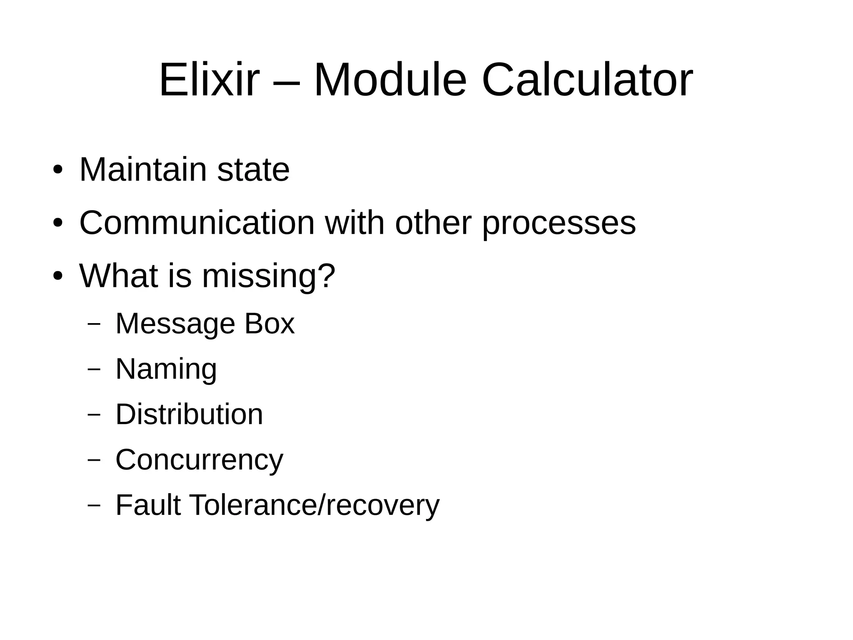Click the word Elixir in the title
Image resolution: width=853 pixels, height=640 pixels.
pyautogui.click(x=209, y=80)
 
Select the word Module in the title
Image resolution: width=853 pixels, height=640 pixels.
pyautogui.click(x=390, y=80)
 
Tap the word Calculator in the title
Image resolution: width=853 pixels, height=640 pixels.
pyautogui.click(x=587, y=80)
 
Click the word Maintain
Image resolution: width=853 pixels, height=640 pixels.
pyautogui.click(x=143, y=170)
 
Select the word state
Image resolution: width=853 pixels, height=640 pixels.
pyautogui.click(x=253, y=170)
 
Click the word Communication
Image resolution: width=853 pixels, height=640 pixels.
pyautogui.click(x=197, y=223)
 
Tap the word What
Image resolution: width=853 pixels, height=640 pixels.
pyautogui.click(x=118, y=276)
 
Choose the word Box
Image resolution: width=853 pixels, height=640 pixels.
pyautogui.click(x=269, y=324)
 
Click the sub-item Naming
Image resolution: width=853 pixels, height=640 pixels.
pyautogui.click(x=166, y=369)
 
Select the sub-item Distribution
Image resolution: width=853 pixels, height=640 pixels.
pyautogui.click(x=189, y=414)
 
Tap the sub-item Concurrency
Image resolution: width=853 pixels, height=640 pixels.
pyautogui.click(x=199, y=460)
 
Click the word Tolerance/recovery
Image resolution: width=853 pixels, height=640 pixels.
pyautogui.click(x=314, y=505)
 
